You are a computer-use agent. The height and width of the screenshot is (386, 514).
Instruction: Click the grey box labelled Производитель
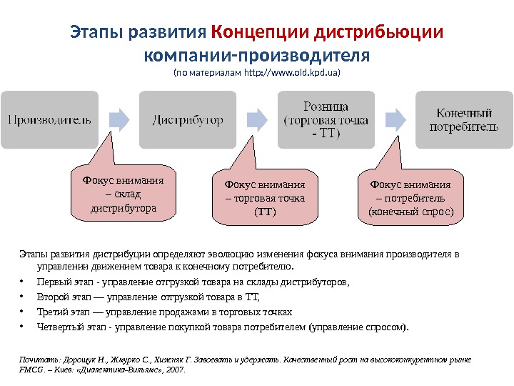(49, 119)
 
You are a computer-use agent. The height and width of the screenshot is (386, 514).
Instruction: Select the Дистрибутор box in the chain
(188, 119)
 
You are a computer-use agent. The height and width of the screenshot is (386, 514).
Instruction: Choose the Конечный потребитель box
(463, 119)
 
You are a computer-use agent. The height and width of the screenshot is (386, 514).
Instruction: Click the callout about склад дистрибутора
(124, 194)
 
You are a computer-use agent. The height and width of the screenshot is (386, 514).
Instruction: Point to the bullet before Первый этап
(24, 283)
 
